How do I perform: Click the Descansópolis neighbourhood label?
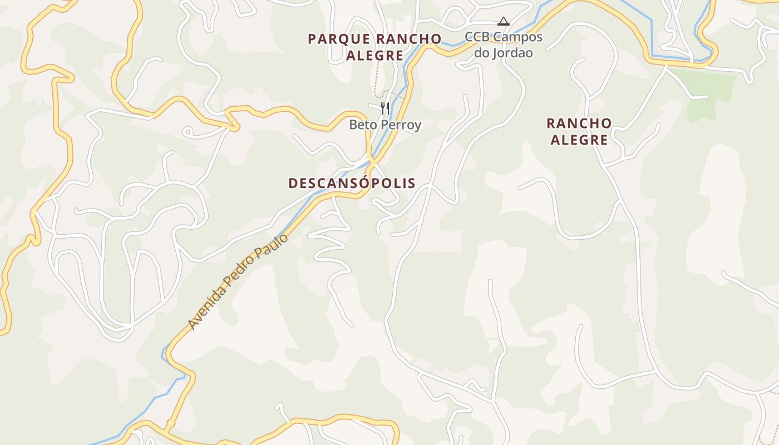pos(352,183)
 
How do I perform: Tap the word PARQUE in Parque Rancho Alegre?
pos(339,39)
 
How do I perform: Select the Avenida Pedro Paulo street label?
pos(238,281)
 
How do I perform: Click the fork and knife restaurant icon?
pos(384,108)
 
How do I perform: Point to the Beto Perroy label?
pos(385,125)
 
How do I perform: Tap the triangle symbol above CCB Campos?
pos(503,22)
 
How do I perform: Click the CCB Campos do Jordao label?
pos(504,45)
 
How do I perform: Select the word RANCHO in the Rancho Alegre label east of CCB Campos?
pos(579,123)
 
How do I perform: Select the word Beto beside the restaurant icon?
pos(359,125)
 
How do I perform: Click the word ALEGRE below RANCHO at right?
pos(579,140)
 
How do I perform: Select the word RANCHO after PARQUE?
pos(408,39)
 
